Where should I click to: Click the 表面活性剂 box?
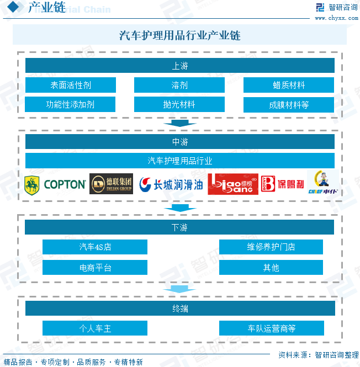tap(70, 85)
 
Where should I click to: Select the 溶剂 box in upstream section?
tap(179, 85)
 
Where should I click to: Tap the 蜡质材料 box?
tap(289, 85)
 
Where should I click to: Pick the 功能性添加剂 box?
tap(70, 104)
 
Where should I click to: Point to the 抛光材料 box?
tap(179, 104)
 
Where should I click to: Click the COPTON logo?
tap(55, 184)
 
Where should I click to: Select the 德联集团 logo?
tap(111, 184)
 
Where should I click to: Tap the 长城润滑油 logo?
tap(171, 184)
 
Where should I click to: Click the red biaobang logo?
tap(232, 184)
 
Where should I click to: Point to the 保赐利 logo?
tap(282, 184)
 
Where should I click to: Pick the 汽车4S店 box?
tap(95, 247)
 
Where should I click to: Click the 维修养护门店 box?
tap(271, 247)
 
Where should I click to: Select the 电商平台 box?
tap(95, 268)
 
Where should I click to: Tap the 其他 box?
tap(271, 268)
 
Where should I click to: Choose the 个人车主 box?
tap(95, 328)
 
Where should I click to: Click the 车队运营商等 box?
tap(271, 328)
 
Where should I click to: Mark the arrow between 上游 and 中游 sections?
tap(179, 123)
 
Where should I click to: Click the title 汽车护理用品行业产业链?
tap(179, 36)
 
